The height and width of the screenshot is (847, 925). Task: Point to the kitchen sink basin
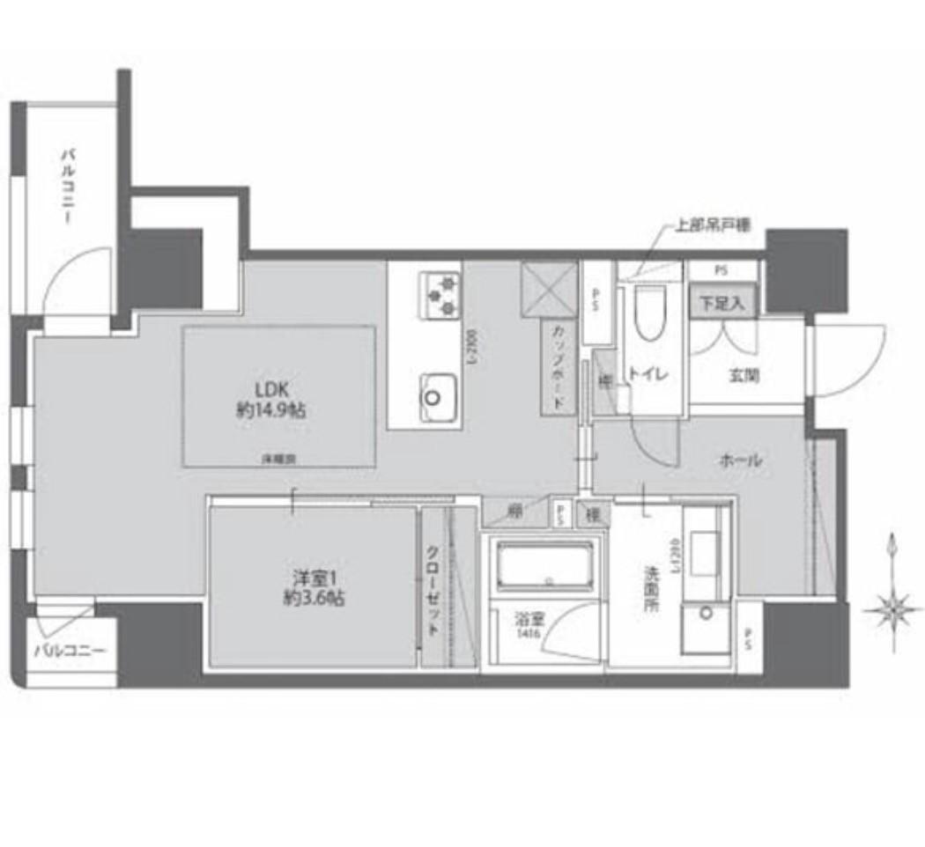(x=436, y=394)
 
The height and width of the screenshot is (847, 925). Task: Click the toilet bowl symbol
(x=648, y=313)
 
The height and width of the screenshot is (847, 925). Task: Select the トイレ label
(x=648, y=374)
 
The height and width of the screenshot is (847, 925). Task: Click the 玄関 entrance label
(x=744, y=375)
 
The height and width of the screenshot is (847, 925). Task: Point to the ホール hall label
(x=740, y=460)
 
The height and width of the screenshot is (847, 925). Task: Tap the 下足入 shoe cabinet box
(x=722, y=304)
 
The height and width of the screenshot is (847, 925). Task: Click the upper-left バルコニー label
(x=67, y=188)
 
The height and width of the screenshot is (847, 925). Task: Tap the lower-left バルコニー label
(x=70, y=652)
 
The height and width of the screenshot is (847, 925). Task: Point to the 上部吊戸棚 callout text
(x=712, y=225)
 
